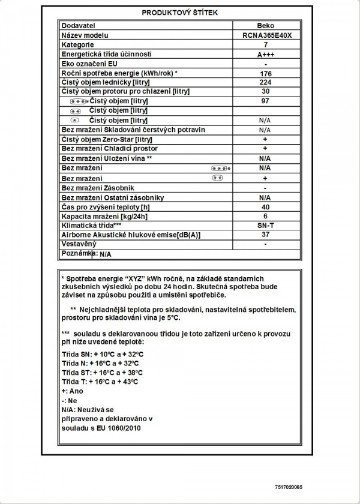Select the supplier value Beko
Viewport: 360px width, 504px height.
[265, 26]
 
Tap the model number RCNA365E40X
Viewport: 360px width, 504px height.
[265, 35]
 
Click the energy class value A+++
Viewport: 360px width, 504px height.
[265, 54]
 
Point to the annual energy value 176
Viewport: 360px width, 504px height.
[265, 73]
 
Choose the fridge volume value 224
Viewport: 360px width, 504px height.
[265, 82]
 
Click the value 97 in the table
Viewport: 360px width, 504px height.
[265, 101]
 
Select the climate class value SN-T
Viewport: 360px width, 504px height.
[265, 225]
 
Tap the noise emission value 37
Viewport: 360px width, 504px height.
[265, 235]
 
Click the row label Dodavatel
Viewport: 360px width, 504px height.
[79, 26]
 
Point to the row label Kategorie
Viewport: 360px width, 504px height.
[78, 45]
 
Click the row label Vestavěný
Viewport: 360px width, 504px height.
[79, 244]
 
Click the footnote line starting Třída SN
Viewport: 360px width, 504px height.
[103, 353]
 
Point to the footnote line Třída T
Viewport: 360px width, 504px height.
[100, 381]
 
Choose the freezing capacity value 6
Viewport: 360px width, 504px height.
[265, 216]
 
